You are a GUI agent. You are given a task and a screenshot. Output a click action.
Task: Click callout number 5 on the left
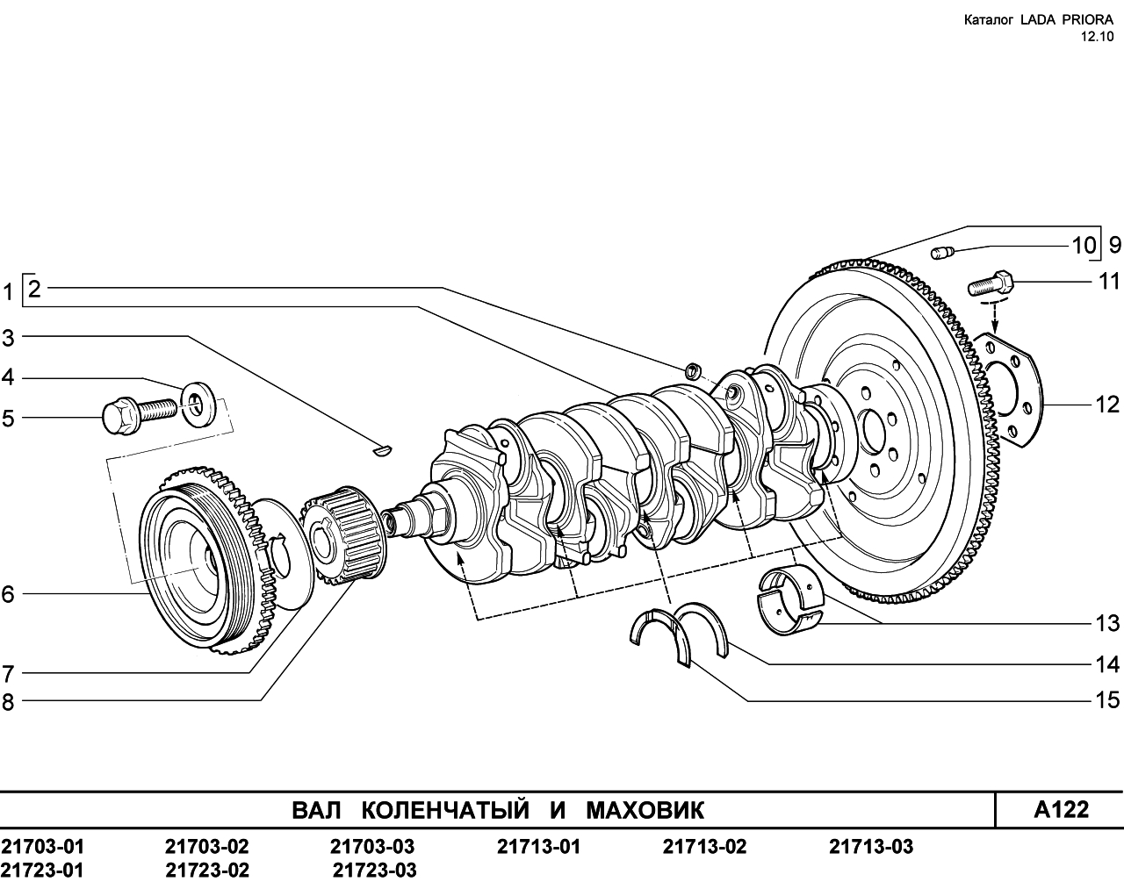tap(8, 419)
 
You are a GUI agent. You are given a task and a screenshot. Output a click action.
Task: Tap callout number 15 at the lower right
tap(1107, 700)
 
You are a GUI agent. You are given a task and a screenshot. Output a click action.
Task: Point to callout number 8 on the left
tap(8, 702)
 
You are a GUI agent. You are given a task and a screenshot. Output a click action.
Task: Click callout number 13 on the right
tap(1107, 623)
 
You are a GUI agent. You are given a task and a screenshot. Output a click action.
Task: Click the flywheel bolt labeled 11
tap(991, 283)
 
